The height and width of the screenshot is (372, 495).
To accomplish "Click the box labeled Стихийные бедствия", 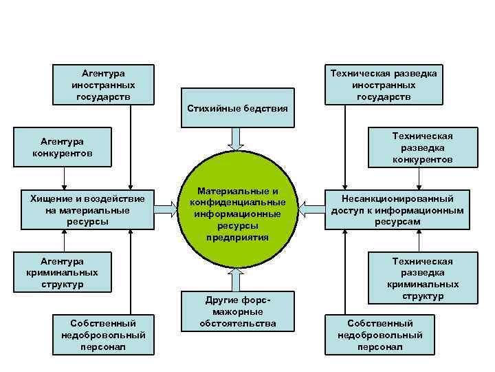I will tap(237, 107).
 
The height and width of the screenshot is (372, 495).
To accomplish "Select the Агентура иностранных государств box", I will tap(103, 85).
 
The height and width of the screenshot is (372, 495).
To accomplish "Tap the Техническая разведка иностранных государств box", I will tap(384, 85).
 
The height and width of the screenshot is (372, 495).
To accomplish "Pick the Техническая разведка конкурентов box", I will tap(422, 147).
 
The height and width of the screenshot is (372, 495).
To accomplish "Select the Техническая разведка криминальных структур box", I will tap(422, 278).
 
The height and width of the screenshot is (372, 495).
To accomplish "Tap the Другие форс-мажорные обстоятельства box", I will tap(237, 311).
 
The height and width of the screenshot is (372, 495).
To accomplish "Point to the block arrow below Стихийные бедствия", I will tap(237, 138).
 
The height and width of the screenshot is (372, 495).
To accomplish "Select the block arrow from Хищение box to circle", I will tap(167, 204).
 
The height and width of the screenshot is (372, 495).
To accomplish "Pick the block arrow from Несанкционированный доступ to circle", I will tap(310, 204).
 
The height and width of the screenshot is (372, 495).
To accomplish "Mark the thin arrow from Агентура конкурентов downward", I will tap(63, 178).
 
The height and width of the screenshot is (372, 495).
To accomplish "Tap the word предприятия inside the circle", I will tap(237, 237).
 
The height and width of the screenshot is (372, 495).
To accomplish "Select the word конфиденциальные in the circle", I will tap(237, 202).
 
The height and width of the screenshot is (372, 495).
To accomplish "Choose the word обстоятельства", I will tap(237, 323).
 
